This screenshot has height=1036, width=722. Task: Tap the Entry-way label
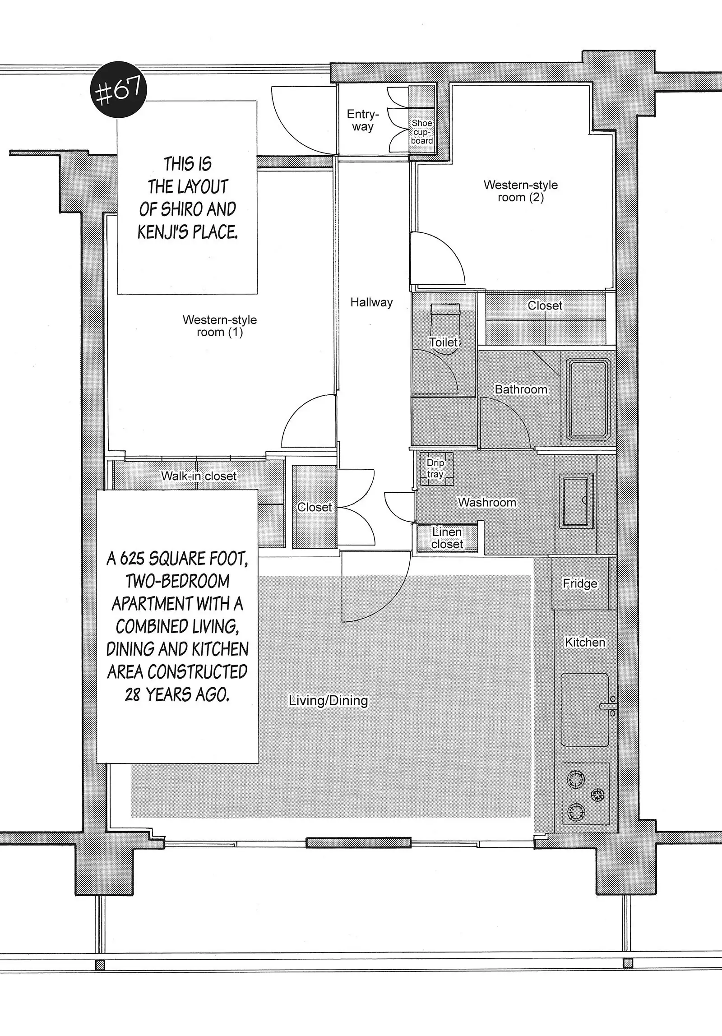pos(363,120)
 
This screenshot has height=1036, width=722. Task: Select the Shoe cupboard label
pos(422,132)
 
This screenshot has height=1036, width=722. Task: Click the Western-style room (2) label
pos(520,191)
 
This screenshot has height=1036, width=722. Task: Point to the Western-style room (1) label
pos(220,326)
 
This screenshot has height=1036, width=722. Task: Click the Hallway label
pos(371,302)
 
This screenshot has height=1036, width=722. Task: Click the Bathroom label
pos(521,389)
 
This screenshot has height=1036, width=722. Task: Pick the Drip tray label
pos(435,468)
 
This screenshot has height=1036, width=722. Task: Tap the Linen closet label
pos(447,538)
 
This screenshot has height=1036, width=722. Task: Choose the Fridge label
pos(580,583)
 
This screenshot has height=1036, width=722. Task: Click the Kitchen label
pos(585,642)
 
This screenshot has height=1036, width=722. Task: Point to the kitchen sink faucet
pos(609,706)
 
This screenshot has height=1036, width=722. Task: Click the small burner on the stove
pos(598,795)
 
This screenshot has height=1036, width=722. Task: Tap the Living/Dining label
pos(328,700)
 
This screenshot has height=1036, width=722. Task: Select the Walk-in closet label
pos(199,476)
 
